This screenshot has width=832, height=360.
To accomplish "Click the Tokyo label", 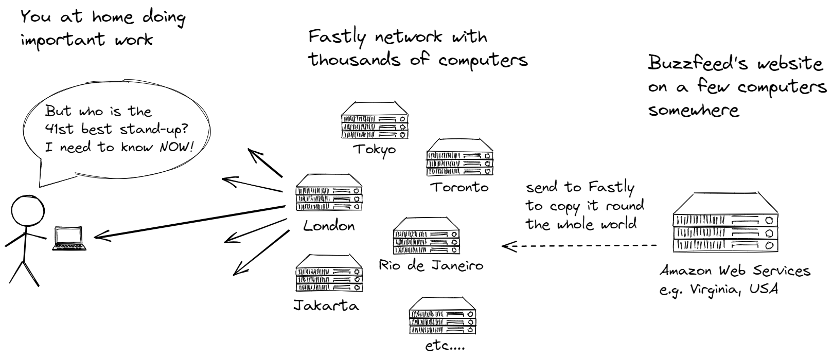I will click(375, 150).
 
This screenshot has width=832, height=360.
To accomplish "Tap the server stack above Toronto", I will click(459, 157).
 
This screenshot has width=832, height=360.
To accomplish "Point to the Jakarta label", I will click(326, 305).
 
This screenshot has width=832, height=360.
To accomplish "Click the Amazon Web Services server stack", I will click(724, 224).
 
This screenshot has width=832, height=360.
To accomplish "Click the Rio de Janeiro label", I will click(431, 265).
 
